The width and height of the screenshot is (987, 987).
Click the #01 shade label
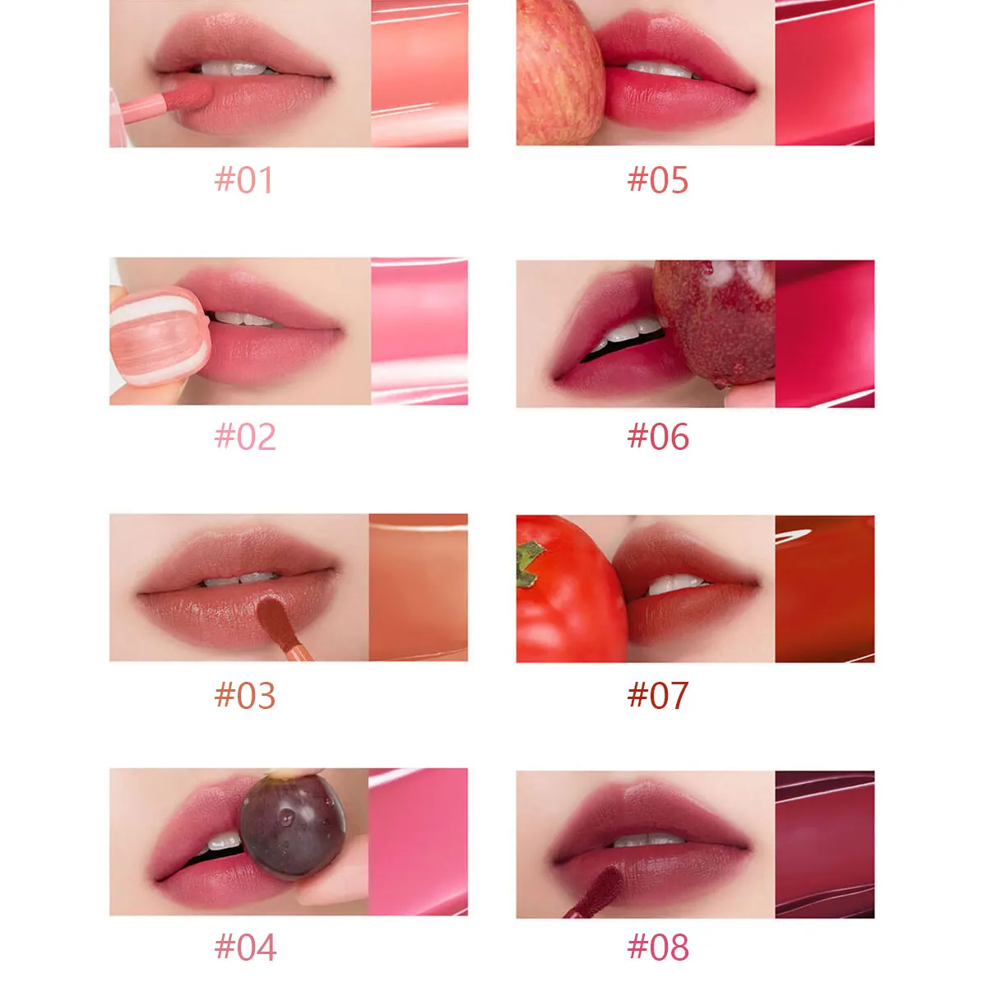(244, 180)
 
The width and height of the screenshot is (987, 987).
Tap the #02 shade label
(245, 437)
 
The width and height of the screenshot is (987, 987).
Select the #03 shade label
(245, 696)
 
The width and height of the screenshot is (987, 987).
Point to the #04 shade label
(245, 948)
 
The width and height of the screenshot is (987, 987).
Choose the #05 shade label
(658, 180)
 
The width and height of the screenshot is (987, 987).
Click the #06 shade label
(658, 437)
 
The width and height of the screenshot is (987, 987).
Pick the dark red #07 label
(658, 696)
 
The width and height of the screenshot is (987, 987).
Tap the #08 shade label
(658, 948)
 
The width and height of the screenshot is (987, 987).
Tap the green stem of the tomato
(529, 564)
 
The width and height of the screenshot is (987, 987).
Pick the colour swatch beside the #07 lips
(824, 589)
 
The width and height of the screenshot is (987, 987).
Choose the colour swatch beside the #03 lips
(418, 587)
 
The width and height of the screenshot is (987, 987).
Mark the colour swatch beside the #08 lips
(824, 844)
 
